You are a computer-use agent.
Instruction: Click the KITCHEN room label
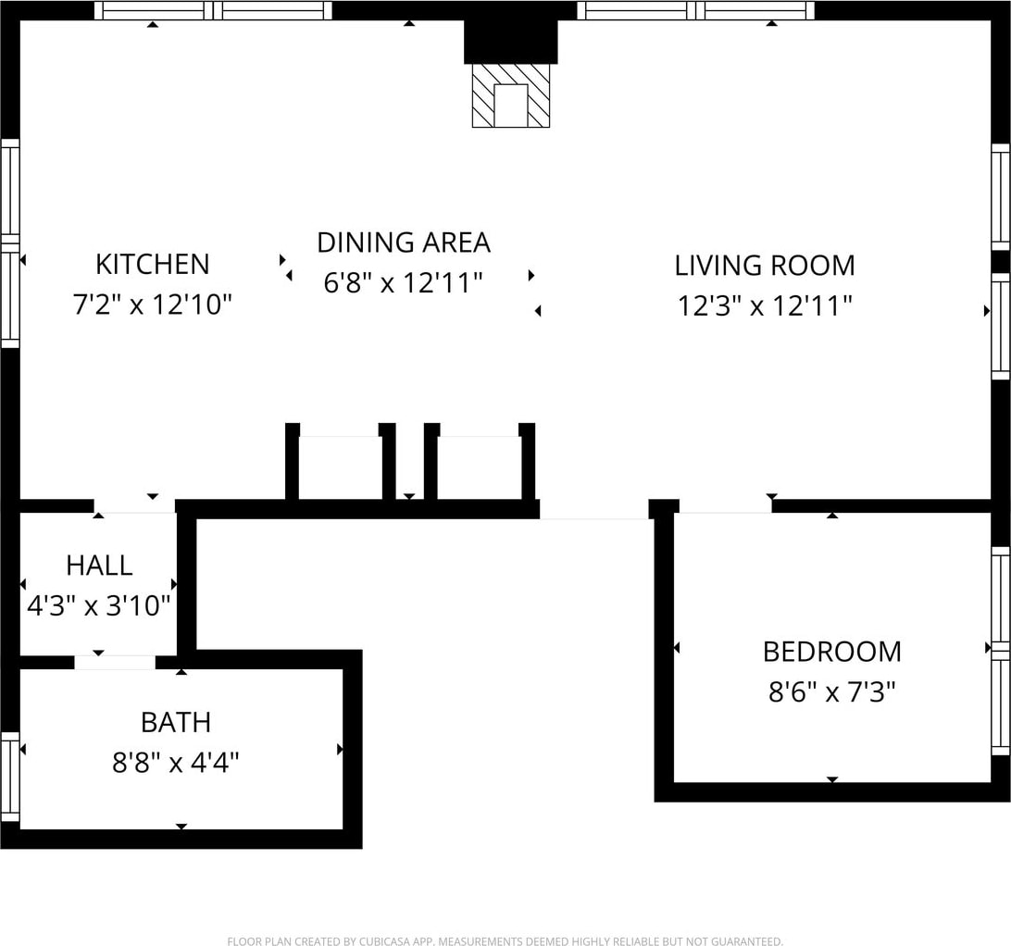pos(153,265)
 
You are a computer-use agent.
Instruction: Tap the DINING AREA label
pos(404,243)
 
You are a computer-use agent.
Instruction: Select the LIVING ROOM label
pos(765,266)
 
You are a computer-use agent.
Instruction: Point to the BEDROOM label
pos(831,652)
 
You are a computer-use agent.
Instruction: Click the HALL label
pos(99,566)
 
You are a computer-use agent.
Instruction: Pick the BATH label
pos(176,723)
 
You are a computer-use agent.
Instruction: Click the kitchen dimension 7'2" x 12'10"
pos(152,305)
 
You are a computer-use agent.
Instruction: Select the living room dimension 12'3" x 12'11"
pos(765,305)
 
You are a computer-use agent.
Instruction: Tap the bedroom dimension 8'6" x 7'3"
pos(831,692)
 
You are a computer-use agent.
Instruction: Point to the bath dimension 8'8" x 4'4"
pos(176,764)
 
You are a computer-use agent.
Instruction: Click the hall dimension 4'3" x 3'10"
pos(99,605)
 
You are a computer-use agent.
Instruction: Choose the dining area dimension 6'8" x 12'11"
pos(404,282)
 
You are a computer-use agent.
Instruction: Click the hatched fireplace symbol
pos(511,95)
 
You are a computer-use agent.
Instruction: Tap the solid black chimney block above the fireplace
pos(511,42)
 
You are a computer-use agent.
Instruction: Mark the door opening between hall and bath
pos(115,662)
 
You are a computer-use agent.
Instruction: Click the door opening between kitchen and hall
pos(135,506)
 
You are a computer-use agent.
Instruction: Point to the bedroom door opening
pos(725,507)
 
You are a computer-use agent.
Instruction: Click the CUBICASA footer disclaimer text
pos(505,941)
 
